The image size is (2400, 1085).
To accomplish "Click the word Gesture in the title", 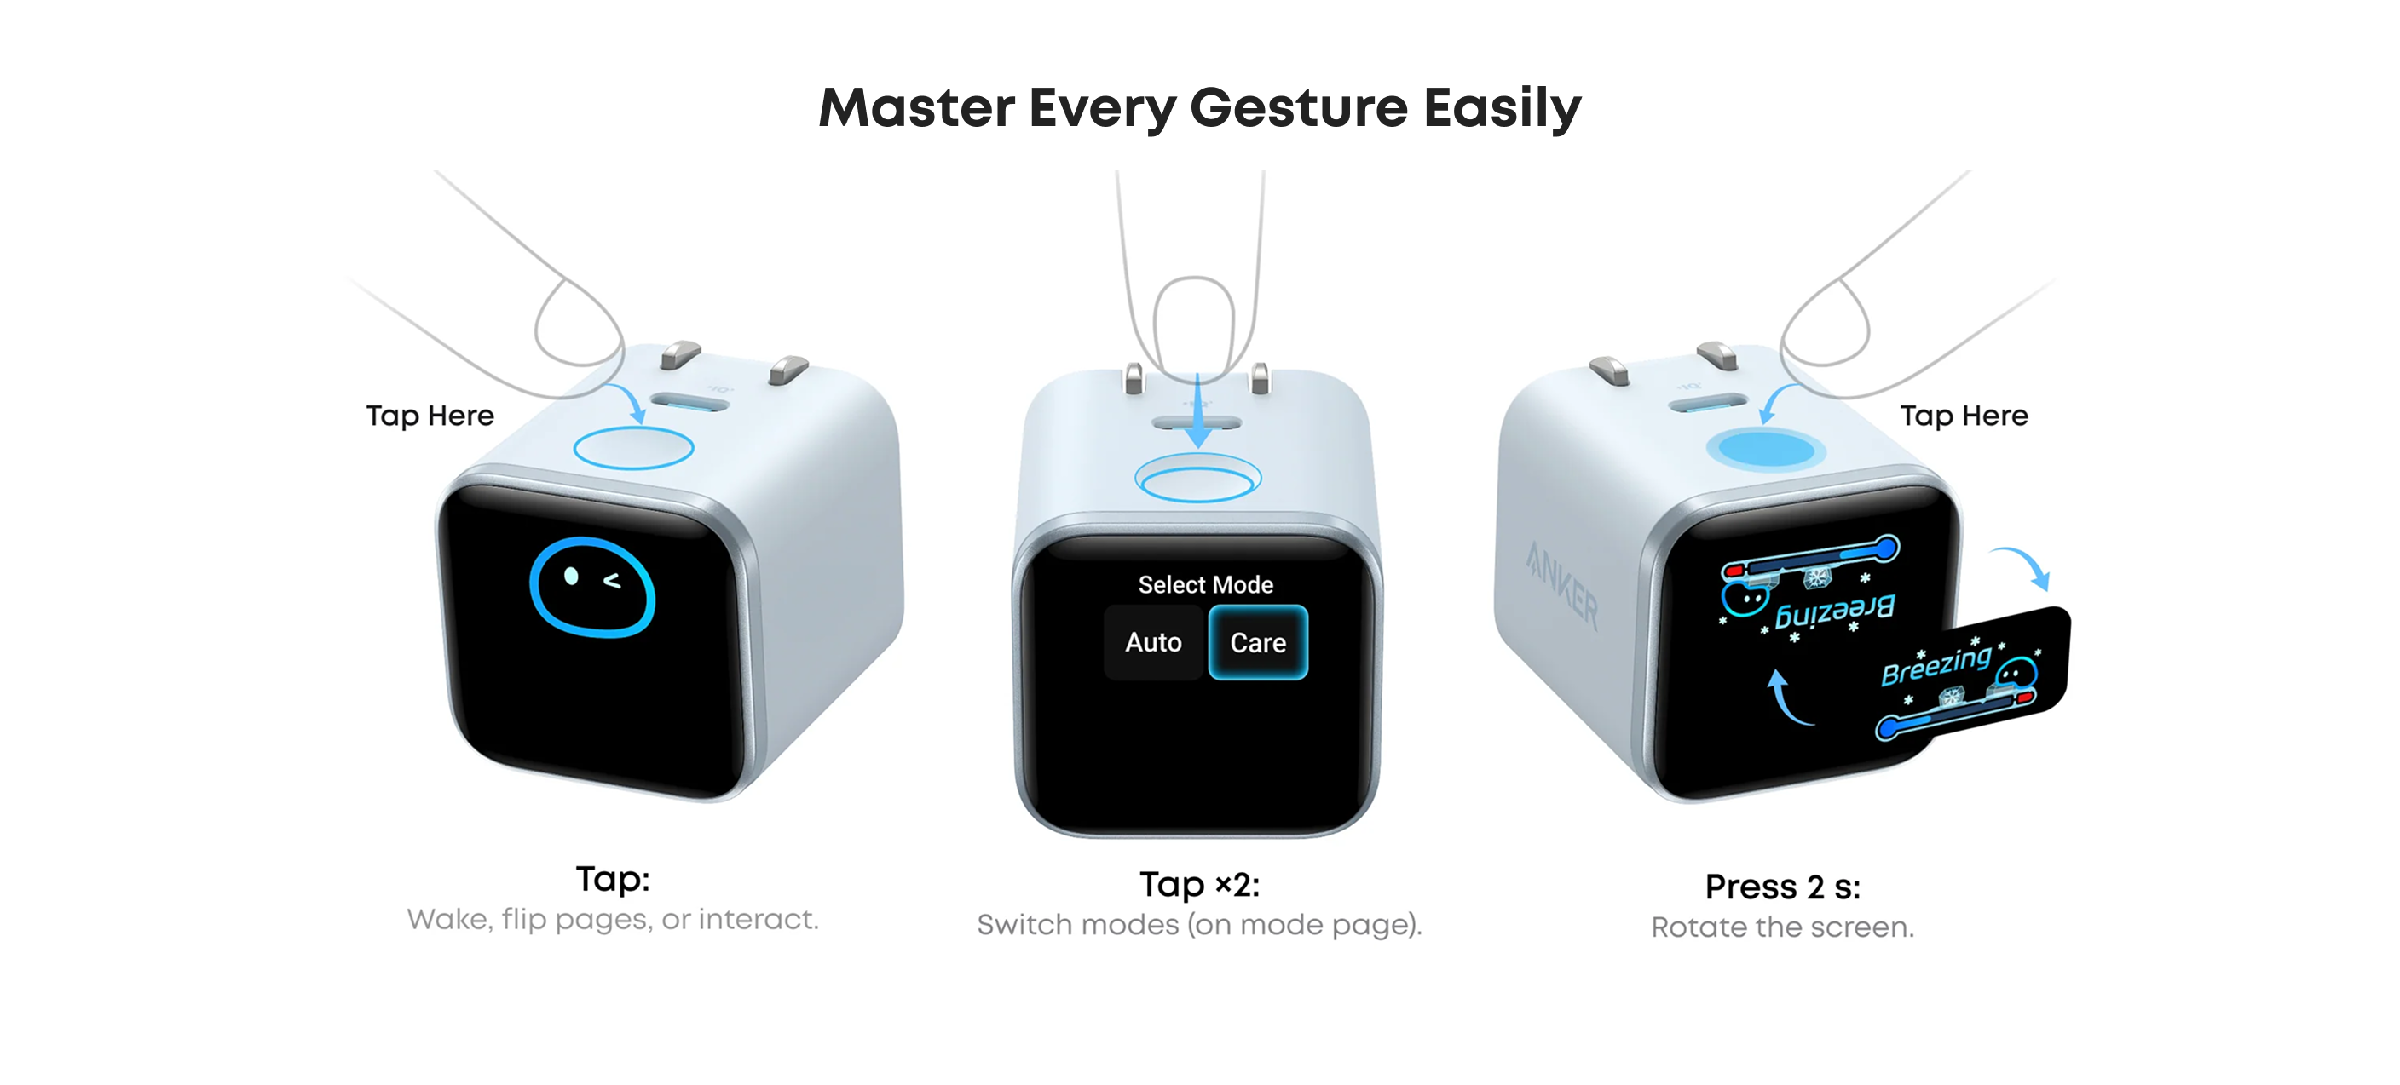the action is pos(1299,109).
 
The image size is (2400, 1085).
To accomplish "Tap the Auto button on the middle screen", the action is pos(1153,643).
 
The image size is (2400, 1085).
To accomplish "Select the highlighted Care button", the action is pos(1258,643).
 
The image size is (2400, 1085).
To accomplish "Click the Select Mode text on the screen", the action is pos(1206,585).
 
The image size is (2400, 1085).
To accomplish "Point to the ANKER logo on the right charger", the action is pos(1562,584).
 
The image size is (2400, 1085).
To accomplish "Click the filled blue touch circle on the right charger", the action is pos(1766,449).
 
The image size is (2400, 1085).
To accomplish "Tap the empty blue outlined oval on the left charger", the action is pos(633,448).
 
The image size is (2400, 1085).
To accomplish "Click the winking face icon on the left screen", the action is pos(591,588).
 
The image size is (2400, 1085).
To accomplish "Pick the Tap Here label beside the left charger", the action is pos(430,416).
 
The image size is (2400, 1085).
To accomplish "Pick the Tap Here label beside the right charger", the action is pos(1964,416).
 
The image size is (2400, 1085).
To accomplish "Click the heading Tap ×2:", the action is pos(1200,884).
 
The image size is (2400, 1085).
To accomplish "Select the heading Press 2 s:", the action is pos(1782,887).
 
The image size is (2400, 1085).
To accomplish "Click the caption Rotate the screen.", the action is pos(1782,927).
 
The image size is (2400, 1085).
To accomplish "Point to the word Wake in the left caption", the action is pos(449,920).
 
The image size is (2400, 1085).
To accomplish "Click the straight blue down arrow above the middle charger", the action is pos(1198,410).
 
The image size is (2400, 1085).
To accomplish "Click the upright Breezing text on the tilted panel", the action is pos(1936,664).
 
